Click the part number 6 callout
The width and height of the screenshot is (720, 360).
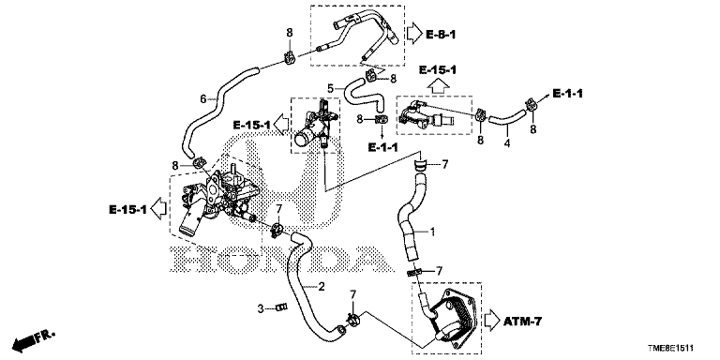click(x=203, y=97)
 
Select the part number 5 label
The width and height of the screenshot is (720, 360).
click(x=331, y=87)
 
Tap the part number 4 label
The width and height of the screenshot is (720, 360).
click(x=507, y=143)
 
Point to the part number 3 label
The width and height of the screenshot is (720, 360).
click(x=261, y=308)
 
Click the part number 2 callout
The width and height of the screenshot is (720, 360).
click(x=322, y=287)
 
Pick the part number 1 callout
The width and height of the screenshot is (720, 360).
click(x=431, y=232)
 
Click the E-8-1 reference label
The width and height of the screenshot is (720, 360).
click(x=441, y=35)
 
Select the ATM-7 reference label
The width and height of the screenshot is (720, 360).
click(x=522, y=322)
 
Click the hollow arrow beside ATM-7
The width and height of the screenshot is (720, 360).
click(x=492, y=321)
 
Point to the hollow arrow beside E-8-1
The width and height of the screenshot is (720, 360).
click(x=413, y=34)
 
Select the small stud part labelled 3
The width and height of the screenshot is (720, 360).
click(x=281, y=307)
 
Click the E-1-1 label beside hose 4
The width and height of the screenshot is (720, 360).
click(x=567, y=94)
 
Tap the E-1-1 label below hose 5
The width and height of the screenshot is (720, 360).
click(x=382, y=147)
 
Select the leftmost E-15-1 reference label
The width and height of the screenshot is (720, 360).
click(x=128, y=210)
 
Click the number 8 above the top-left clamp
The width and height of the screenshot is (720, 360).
click(x=290, y=32)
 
